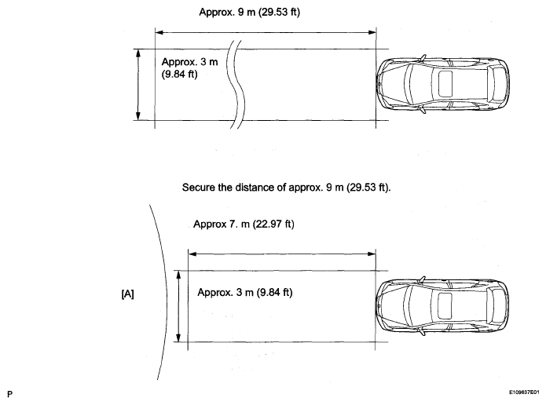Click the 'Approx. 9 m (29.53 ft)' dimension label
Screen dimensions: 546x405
tap(249, 13)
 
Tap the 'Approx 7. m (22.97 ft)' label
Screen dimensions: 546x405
tap(244, 224)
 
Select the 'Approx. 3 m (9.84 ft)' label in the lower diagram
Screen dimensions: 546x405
tap(245, 292)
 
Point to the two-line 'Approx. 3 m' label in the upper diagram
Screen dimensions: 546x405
tap(190, 67)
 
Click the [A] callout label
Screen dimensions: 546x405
tap(127, 294)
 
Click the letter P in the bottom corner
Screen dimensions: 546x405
tap(9, 394)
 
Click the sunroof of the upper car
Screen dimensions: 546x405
tap(445, 83)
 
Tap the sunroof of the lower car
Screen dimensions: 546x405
tap(445, 305)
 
